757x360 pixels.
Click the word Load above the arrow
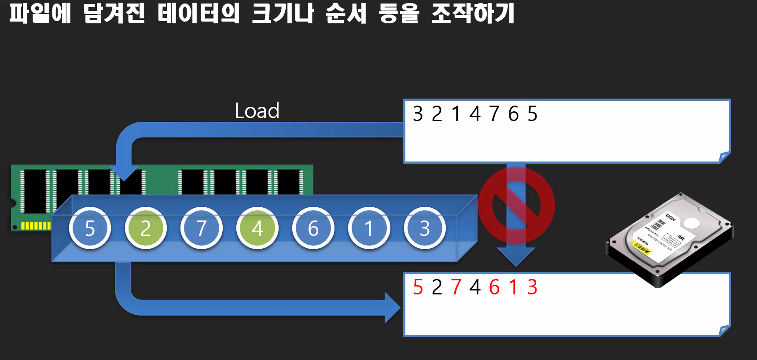point(257,111)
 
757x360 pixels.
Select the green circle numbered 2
point(146,228)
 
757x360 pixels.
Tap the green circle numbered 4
point(257,228)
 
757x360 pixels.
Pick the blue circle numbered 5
point(90,228)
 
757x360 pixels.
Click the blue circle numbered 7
point(202,228)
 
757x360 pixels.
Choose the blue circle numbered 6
point(313,228)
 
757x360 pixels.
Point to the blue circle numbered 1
point(369,228)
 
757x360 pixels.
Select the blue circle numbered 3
point(425,228)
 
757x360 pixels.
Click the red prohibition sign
point(516,205)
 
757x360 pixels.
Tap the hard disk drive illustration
point(669,238)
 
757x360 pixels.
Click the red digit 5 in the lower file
point(418,287)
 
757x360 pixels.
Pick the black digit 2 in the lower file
point(437,287)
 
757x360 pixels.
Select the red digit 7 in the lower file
point(456,287)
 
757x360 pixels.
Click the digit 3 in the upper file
point(418,114)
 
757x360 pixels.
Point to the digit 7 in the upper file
point(494,114)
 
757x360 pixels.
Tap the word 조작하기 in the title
point(473,13)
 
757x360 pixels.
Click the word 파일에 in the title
point(40,13)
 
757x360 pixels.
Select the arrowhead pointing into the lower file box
point(392,308)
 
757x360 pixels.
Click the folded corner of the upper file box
point(724,157)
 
